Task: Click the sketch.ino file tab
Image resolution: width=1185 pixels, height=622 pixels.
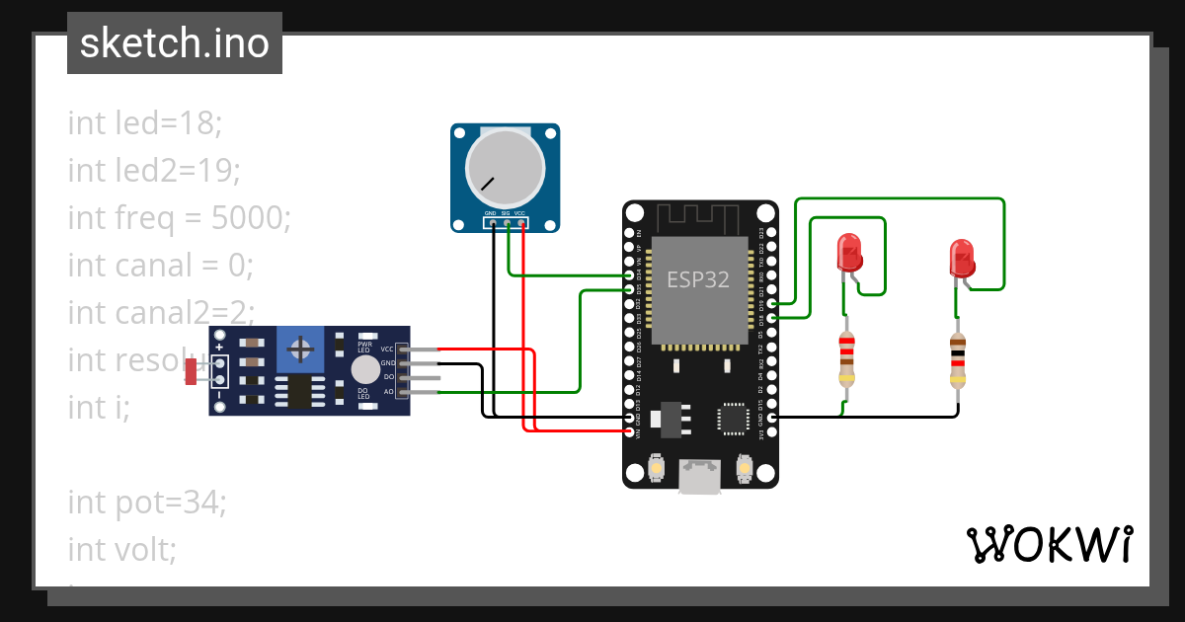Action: pyautogui.click(x=175, y=43)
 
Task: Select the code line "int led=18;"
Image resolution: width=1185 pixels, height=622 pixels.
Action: pyautogui.click(x=145, y=123)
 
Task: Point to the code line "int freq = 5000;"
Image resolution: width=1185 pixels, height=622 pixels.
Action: pyautogui.click(x=179, y=217)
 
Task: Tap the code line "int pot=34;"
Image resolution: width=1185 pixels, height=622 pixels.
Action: pyautogui.click(x=147, y=503)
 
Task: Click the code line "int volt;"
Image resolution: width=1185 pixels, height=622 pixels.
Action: pyautogui.click(x=121, y=549)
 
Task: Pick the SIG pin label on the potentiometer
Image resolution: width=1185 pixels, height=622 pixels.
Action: pyautogui.click(x=506, y=213)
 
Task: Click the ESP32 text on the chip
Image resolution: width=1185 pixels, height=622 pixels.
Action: pyautogui.click(x=698, y=279)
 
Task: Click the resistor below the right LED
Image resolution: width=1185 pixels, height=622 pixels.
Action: pyautogui.click(x=958, y=359)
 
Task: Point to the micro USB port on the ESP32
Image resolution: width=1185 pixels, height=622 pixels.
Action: pyautogui.click(x=700, y=478)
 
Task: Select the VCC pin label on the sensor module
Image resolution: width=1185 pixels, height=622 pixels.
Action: pyautogui.click(x=387, y=350)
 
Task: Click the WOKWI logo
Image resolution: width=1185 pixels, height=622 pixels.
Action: pyautogui.click(x=1049, y=544)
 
